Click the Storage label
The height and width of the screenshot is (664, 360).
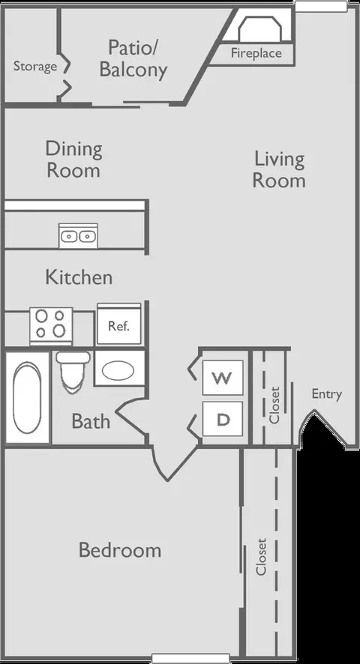tap(35, 67)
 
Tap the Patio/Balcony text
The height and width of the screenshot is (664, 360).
tap(133, 58)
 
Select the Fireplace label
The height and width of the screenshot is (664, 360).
tap(256, 53)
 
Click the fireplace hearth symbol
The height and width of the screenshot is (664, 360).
tap(258, 28)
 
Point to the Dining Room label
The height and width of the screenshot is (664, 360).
tap(73, 160)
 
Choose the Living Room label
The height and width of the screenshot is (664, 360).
tap(279, 170)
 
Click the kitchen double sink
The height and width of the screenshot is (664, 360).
tap(78, 235)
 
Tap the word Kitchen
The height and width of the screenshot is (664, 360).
tap(79, 277)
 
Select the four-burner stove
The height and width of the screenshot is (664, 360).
tap(51, 326)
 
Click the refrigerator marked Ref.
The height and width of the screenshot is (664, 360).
tap(118, 325)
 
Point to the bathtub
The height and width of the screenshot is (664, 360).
tap(27, 398)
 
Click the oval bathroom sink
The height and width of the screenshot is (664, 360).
tap(118, 370)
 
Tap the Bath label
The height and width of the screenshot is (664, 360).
tap(91, 421)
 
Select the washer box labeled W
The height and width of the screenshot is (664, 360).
tap(223, 378)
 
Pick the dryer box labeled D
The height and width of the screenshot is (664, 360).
tap(223, 419)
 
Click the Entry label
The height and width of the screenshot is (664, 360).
tap(326, 394)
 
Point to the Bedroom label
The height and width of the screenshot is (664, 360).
tap(120, 551)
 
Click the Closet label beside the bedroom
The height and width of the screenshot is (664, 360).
tap(261, 556)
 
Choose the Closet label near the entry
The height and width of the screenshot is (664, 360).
tap(274, 405)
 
